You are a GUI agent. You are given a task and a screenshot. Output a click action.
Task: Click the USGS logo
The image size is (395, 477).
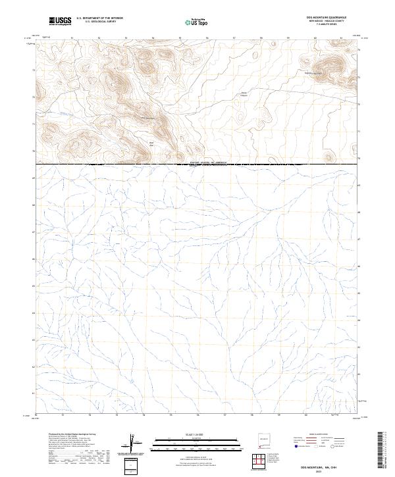[60, 22]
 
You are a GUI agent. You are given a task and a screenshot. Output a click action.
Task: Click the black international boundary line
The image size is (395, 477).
[99, 164]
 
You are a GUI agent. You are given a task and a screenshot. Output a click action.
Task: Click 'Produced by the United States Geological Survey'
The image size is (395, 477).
[73, 435]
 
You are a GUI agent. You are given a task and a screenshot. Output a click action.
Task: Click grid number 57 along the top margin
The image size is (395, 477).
[234, 38]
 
